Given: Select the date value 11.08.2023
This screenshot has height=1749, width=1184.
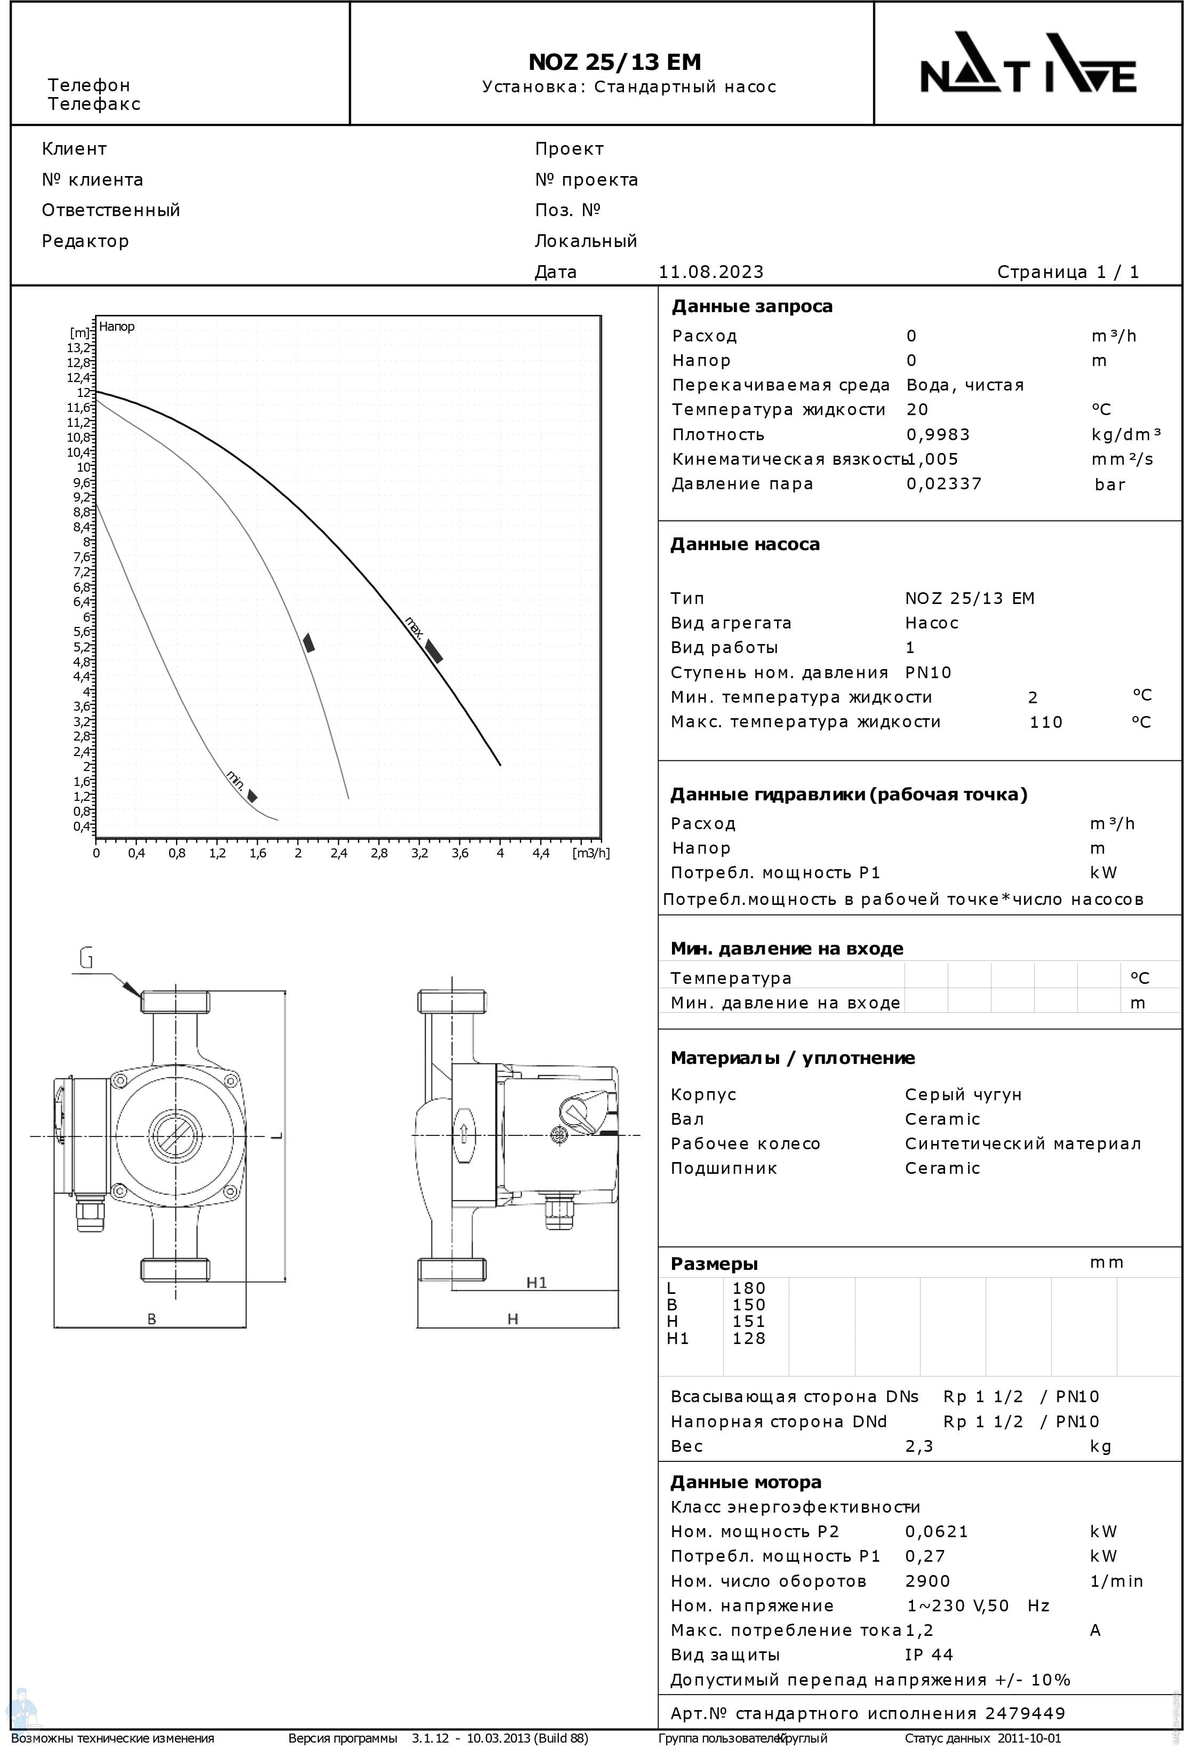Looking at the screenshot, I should click(711, 272).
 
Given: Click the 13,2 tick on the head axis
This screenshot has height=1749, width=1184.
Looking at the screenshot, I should click(78, 348).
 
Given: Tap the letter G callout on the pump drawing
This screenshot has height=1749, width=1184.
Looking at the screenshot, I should click(86, 959).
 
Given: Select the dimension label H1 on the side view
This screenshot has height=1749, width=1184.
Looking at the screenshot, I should click(537, 1282).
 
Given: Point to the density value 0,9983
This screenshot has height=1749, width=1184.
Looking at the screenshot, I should click(938, 435).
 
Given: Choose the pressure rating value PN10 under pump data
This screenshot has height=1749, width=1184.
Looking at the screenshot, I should click(928, 673).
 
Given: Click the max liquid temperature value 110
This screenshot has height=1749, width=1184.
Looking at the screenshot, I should click(1045, 722).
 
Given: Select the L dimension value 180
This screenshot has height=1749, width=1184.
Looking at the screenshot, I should click(748, 1289).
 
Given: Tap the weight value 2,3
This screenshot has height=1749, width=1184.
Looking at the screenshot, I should click(918, 1446).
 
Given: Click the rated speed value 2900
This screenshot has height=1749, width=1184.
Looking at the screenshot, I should click(927, 1581).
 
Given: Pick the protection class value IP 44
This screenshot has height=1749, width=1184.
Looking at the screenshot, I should click(929, 1655).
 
